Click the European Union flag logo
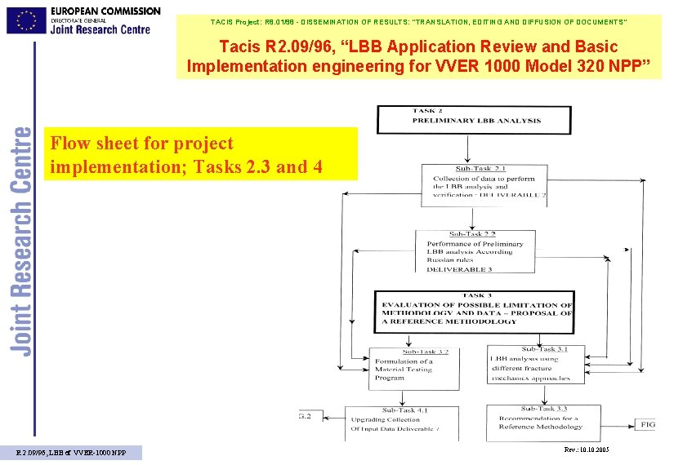pyautogui.click(x=26, y=20)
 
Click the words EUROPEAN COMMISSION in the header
pyautogui.click(x=105, y=10)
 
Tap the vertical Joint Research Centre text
pyautogui.click(x=22, y=240)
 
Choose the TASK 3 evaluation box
pyautogui.click(x=474, y=311)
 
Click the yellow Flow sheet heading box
pyautogui.click(x=201, y=154)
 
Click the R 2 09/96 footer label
pyautogui.click(x=72, y=453)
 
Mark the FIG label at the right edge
pyautogui.click(x=648, y=425)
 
